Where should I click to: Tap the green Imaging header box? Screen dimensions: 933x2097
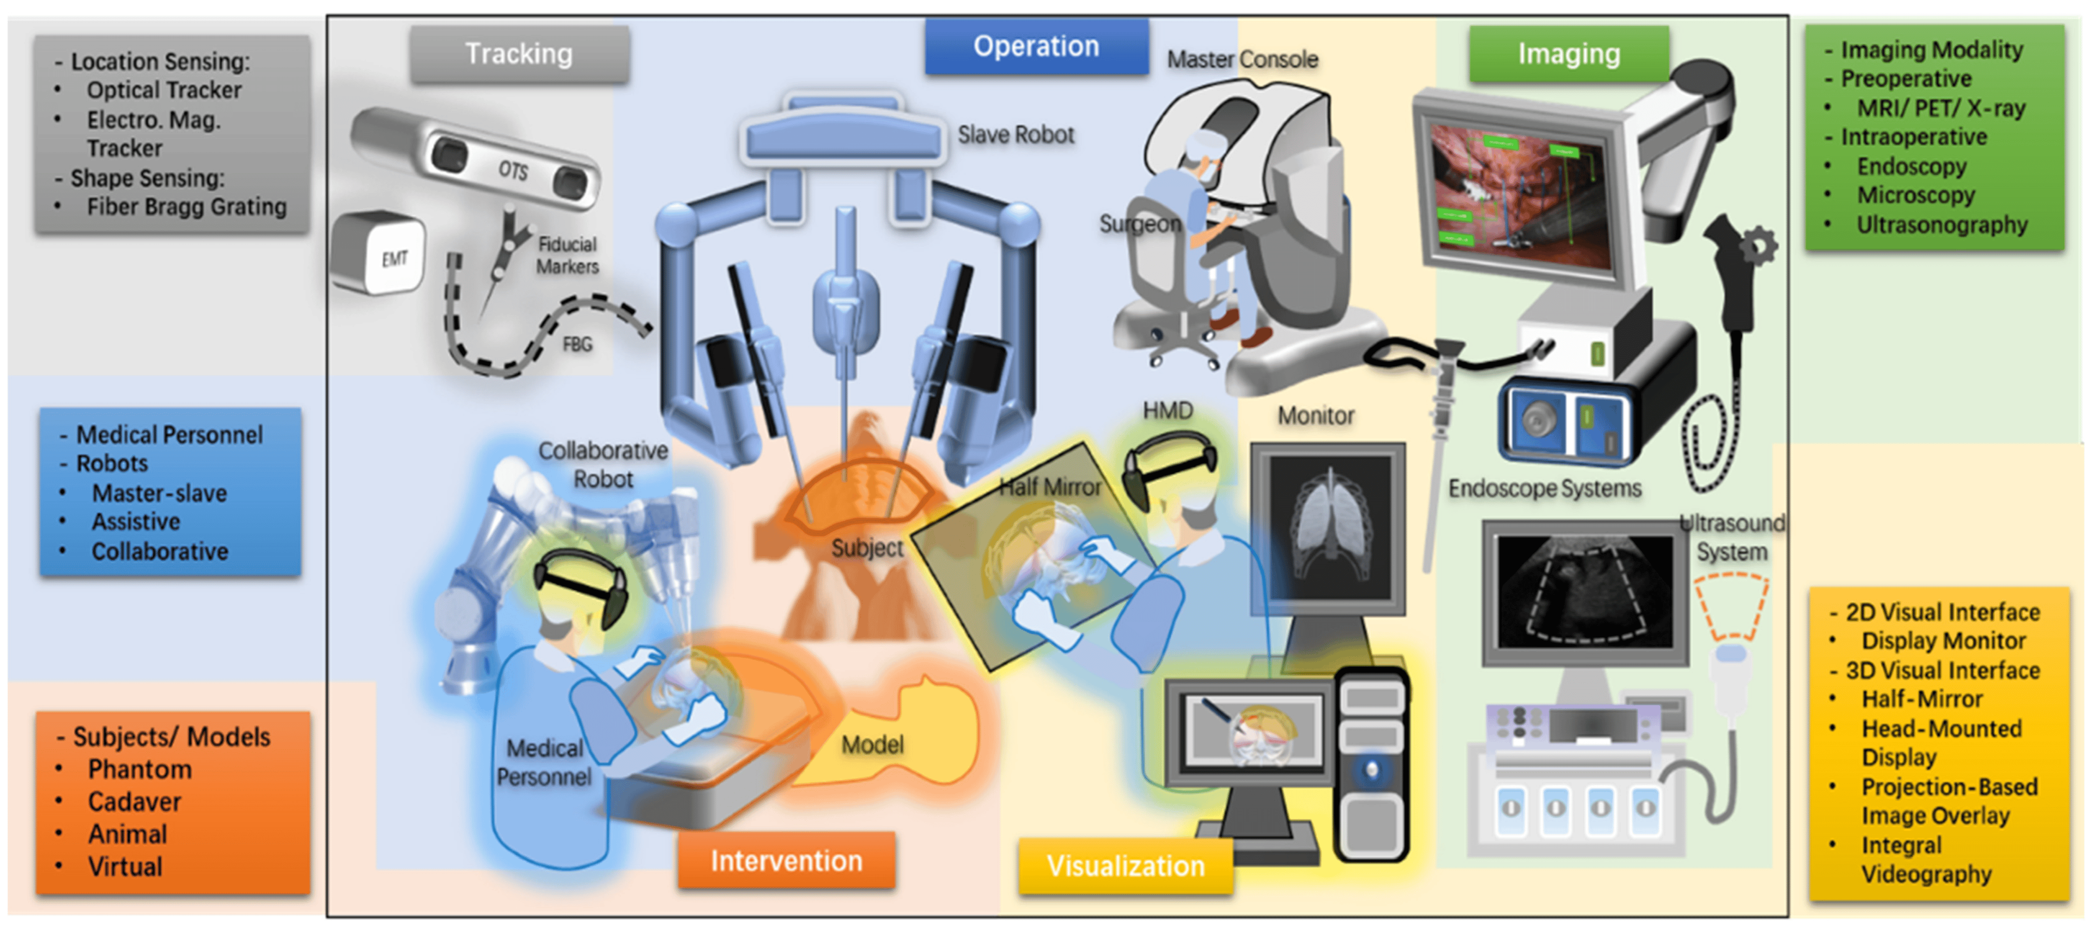tap(1568, 54)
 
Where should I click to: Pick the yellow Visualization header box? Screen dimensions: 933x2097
tap(1125, 866)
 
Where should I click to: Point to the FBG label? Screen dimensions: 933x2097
tap(577, 344)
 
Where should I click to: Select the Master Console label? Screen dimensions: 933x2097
tap(1242, 59)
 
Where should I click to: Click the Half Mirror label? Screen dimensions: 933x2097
tap(1049, 487)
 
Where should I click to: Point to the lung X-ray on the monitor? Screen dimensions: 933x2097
tap(1329, 529)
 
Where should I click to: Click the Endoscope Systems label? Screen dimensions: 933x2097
tap(1544, 489)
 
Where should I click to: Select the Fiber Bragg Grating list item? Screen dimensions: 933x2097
tap(187, 207)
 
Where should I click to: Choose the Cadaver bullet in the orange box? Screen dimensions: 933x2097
tap(134, 802)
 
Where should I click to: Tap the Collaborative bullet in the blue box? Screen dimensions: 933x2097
tap(159, 551)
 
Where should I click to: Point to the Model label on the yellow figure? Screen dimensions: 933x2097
tap(872, 744)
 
